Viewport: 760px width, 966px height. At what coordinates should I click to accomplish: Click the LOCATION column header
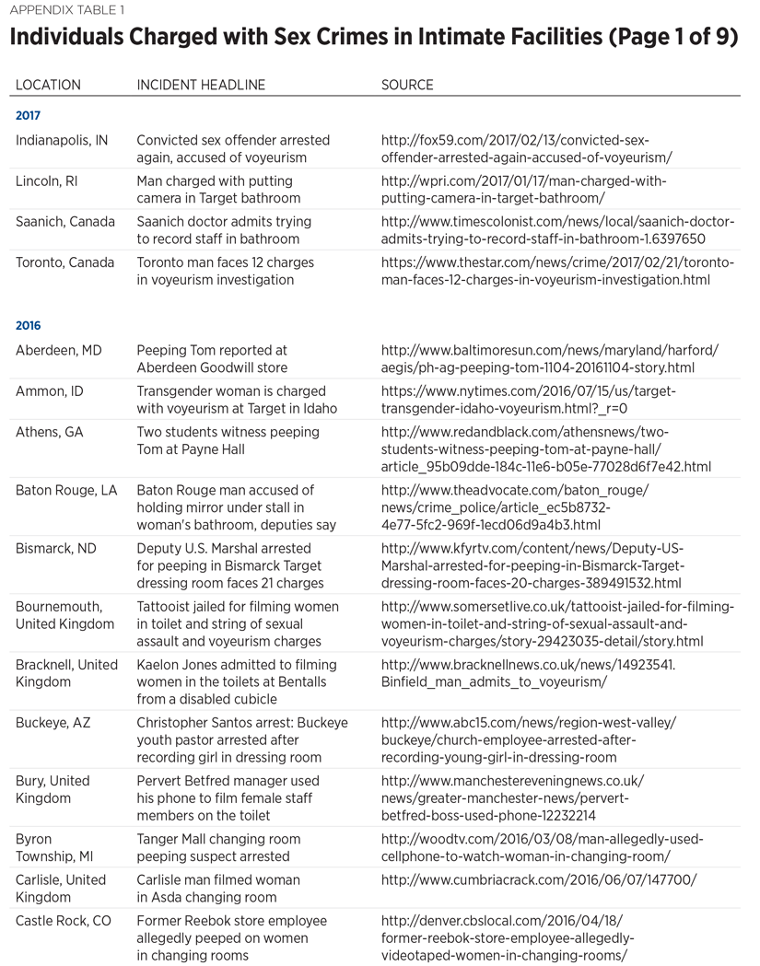pos(48,85)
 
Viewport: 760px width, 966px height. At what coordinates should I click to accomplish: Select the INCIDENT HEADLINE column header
pos(201,85)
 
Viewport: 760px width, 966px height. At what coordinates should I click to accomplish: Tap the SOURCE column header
pos(407,85)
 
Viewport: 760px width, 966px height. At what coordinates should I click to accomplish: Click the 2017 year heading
pos(29,116)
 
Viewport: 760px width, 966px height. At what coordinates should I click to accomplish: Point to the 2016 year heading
pos(29,325)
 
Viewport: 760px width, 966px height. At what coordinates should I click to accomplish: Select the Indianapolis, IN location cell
pos(62,141)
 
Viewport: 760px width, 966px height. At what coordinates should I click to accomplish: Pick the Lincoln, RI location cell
pos(47,181)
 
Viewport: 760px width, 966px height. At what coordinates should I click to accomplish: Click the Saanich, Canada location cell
pos(65,222)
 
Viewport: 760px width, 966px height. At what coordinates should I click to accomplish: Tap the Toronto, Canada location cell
pos(65,262)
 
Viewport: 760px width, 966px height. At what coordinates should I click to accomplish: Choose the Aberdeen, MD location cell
pos(57,351)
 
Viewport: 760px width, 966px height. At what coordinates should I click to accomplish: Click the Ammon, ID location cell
pos(50,391)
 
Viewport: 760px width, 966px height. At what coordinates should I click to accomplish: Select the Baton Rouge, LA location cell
pos(66,491)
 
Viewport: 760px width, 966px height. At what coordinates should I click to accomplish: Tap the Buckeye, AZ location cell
pos(53,723)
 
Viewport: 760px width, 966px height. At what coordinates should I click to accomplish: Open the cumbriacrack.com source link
pos(539,879)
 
